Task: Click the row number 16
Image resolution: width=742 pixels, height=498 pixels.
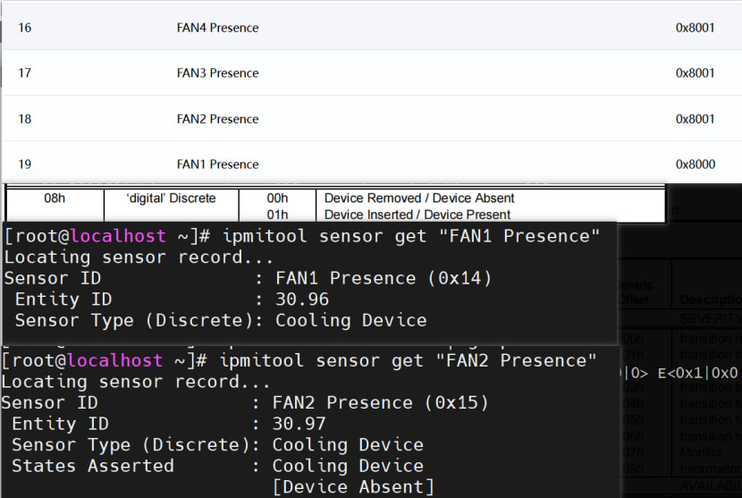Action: click(25, 28)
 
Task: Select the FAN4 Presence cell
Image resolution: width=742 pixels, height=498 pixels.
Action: click(217, 28)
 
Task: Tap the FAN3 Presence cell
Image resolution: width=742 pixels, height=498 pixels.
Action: click(217, 73)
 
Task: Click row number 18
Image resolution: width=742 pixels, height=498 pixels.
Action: click(25, 119)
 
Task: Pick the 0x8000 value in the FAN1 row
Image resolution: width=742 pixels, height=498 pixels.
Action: click(695, 165)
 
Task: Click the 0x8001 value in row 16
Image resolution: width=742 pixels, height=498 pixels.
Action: click(695, 28)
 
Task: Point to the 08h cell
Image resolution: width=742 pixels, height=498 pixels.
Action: click(55, 198)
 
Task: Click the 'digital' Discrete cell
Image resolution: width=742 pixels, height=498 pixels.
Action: click(172, 198)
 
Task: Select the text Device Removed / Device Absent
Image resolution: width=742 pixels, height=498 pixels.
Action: click(419, 198)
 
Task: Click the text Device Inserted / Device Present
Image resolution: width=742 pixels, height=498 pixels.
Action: click(417, 215)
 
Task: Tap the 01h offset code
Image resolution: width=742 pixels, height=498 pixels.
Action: click(278, 215)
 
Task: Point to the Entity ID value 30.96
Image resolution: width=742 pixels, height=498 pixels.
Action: click(302, 300)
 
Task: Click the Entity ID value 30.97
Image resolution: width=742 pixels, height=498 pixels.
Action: click(299, 424)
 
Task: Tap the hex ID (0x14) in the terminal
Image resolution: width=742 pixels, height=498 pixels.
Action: click(460, 278)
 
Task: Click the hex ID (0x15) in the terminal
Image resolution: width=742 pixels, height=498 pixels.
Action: click(456, 402)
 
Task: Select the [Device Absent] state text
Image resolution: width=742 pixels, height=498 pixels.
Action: click(353, 487)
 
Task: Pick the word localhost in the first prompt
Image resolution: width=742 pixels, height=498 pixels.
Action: click(118, 236)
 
